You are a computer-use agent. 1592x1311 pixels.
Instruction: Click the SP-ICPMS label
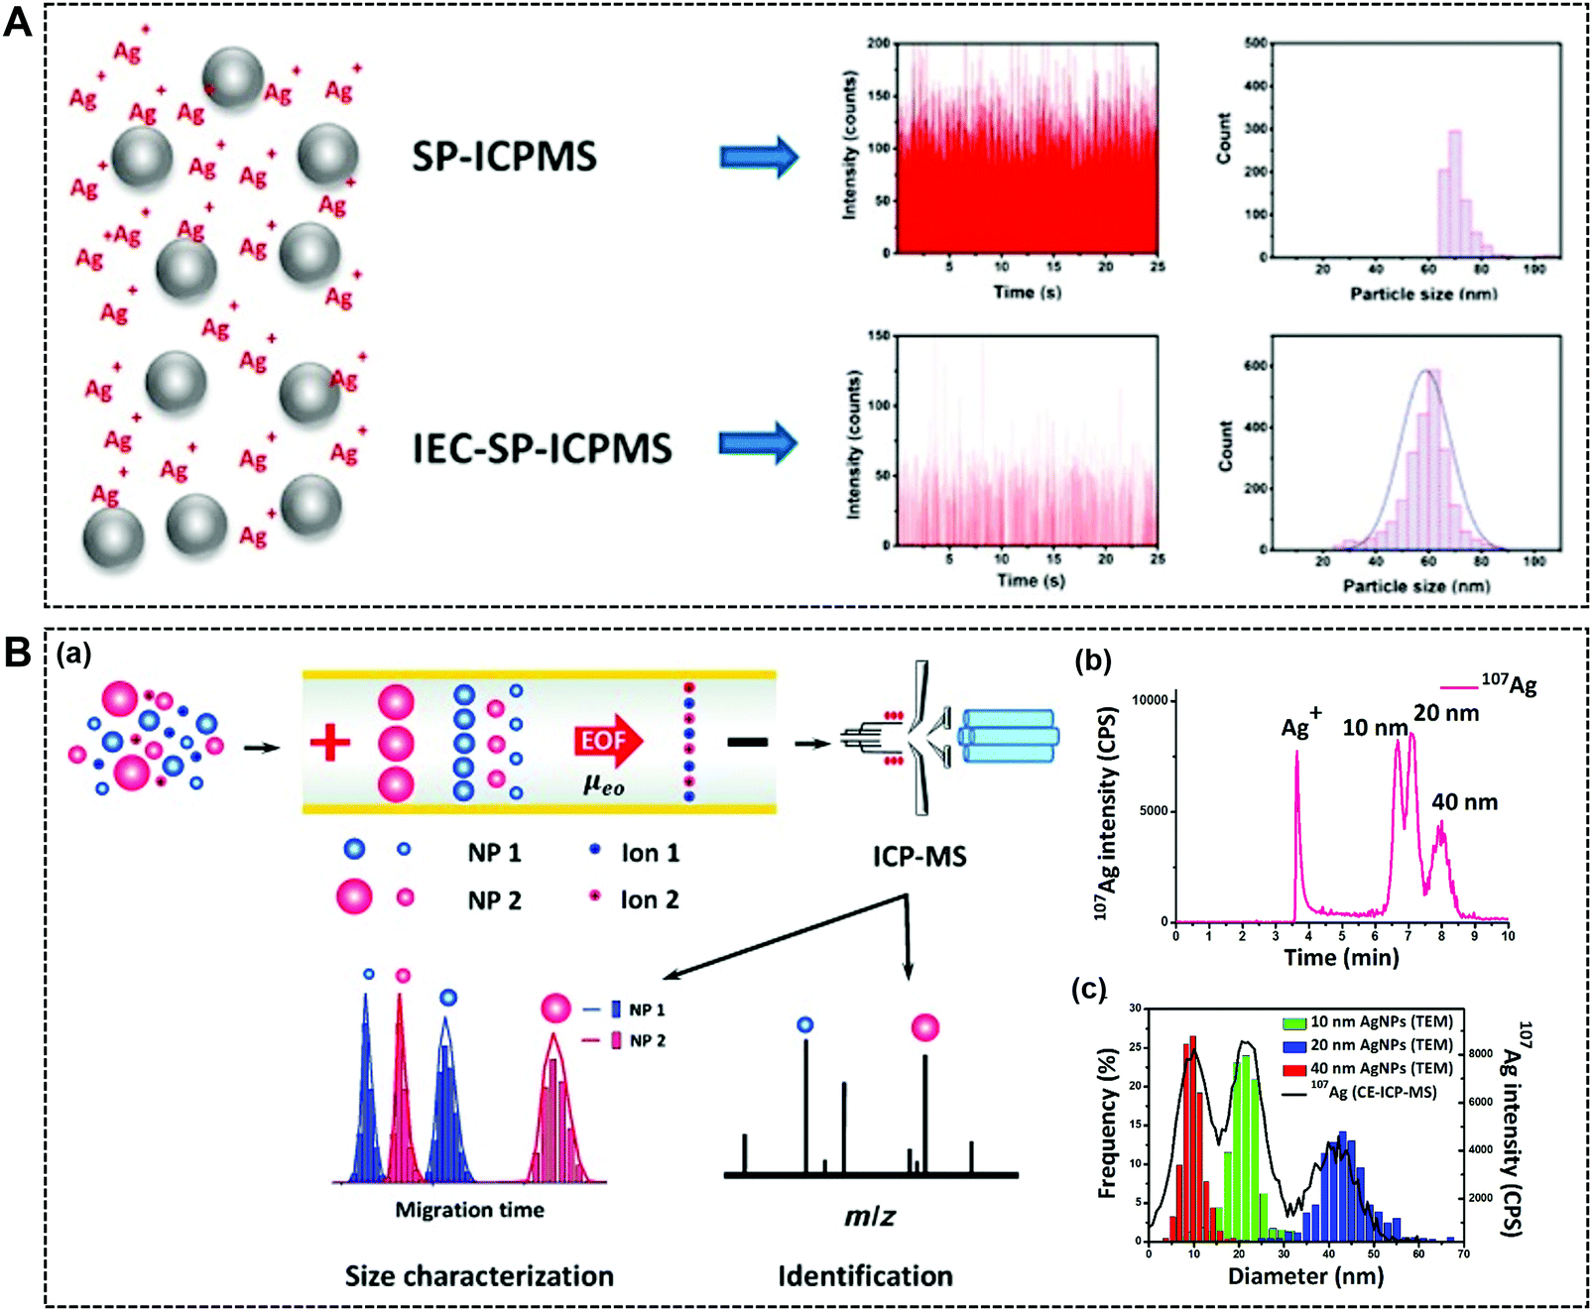pos(504,157)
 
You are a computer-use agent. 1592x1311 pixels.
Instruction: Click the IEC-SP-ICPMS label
pos(542,448)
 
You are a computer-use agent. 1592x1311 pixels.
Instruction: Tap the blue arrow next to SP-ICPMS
pos(758,157)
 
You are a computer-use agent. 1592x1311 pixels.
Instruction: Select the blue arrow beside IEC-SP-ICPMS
pos(758,444)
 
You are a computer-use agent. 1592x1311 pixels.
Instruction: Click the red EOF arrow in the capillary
pos(608,741)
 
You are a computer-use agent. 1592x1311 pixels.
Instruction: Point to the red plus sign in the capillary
pos(330,742)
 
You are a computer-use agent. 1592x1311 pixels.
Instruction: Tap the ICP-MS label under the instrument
pos(919,856)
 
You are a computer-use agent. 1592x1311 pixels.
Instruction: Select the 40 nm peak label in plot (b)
pos(1464,801)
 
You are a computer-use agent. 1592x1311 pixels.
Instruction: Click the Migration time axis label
pos(469,1210)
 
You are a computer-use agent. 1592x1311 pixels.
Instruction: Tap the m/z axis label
pos(869,1216)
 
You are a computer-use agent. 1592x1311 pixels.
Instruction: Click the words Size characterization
pos(479,1275)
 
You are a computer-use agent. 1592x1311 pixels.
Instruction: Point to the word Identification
pos(865,1275)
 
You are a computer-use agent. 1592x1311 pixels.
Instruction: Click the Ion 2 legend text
pos(650,899)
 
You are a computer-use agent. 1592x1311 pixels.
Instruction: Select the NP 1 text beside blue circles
pos(494,853)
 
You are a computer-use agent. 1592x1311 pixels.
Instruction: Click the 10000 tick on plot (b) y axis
pos(1150,700)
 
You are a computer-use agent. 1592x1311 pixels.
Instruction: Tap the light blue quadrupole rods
pos(1009,736)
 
